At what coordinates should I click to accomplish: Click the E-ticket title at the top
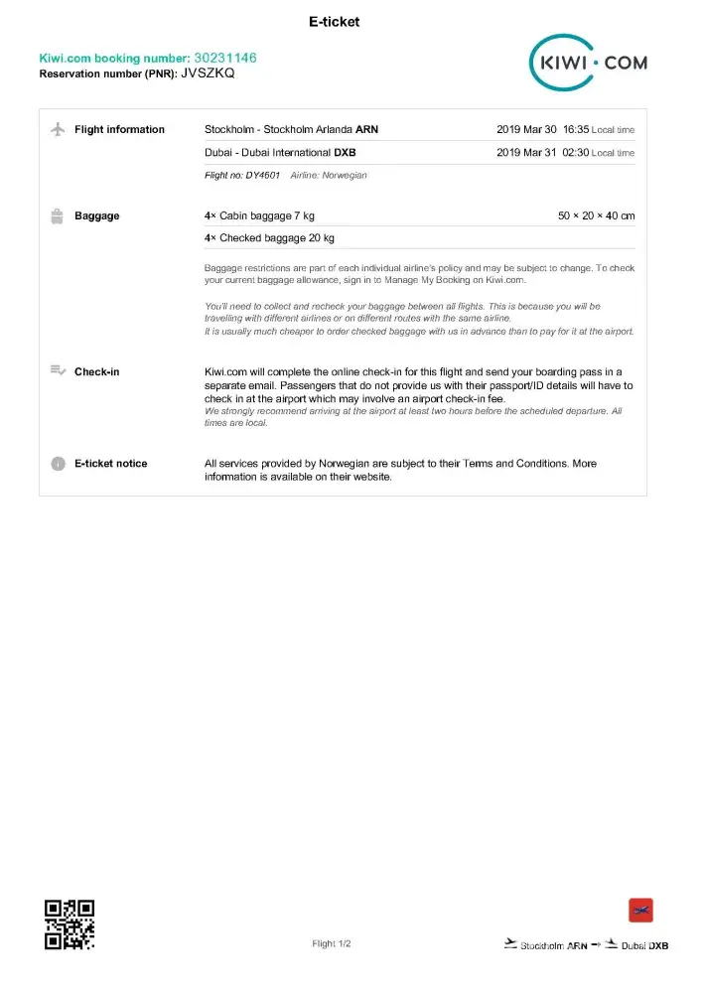click(335, 22)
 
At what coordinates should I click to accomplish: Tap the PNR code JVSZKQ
click(209, 73)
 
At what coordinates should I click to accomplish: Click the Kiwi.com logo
click(588, 63)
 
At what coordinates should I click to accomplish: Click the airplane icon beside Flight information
click(57, 129)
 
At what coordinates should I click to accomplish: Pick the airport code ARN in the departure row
click(367, 130)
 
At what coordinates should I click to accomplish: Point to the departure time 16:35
click(576, 130)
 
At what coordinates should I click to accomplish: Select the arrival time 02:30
click(576, 153)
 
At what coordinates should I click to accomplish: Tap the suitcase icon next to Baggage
click(57, 215)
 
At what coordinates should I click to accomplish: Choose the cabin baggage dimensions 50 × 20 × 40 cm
click(597, 216)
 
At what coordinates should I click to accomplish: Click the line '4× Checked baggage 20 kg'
click(269, 238)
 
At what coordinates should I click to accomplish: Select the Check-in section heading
click(97, 372)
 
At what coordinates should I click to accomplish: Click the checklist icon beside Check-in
click(58, 371)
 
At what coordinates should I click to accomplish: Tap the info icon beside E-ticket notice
click(58, 464)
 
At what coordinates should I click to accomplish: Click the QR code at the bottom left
click(70, 924)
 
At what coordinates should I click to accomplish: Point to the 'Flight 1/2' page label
click(331, 944)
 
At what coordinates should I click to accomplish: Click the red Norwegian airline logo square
click(640, 911)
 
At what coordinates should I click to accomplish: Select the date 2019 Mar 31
click(526, 153)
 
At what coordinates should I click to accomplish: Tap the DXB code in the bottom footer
click(658, 946)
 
